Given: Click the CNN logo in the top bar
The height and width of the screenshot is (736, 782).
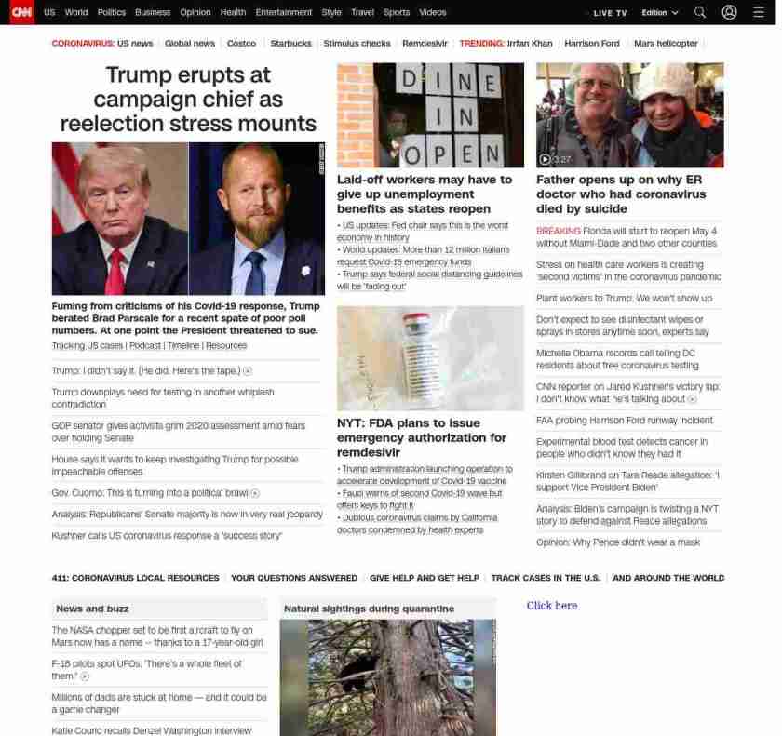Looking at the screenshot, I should coord(21,12).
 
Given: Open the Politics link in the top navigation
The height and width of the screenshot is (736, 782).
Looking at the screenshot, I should coord(112,12).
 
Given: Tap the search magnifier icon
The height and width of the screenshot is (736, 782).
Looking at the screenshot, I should coord(700,12).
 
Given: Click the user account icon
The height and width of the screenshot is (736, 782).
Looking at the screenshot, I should coord(729,12).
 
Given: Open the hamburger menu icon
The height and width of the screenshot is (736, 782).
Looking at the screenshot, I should coord(758,12).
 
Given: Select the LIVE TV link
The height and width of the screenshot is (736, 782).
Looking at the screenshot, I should coord(611,13).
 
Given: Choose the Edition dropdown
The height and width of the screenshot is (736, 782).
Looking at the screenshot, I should coord(660,13).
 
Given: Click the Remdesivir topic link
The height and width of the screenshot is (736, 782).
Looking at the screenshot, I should coord(426,44).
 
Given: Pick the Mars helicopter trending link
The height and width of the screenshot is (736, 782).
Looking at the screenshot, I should coord(666,44).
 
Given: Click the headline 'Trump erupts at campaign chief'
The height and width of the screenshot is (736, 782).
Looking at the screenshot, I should coord(188,99).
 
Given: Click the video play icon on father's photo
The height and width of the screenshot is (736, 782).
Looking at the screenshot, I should coord(545,159).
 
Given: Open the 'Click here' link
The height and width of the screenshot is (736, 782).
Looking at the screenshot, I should coord(552,606).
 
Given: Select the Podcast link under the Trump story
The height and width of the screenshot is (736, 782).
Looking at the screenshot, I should coord(144,346).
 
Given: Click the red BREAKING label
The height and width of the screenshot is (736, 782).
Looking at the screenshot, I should coord(558,231).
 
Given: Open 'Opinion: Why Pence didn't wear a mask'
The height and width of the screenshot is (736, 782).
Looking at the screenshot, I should coord(618,542).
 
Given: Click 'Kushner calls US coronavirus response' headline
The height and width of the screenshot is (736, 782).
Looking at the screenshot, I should coord(167,536).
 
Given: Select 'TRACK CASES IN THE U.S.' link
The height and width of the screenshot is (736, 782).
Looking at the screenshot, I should coord(546,578).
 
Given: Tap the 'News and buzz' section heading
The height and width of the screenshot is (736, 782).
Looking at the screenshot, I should coord(92,609).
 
